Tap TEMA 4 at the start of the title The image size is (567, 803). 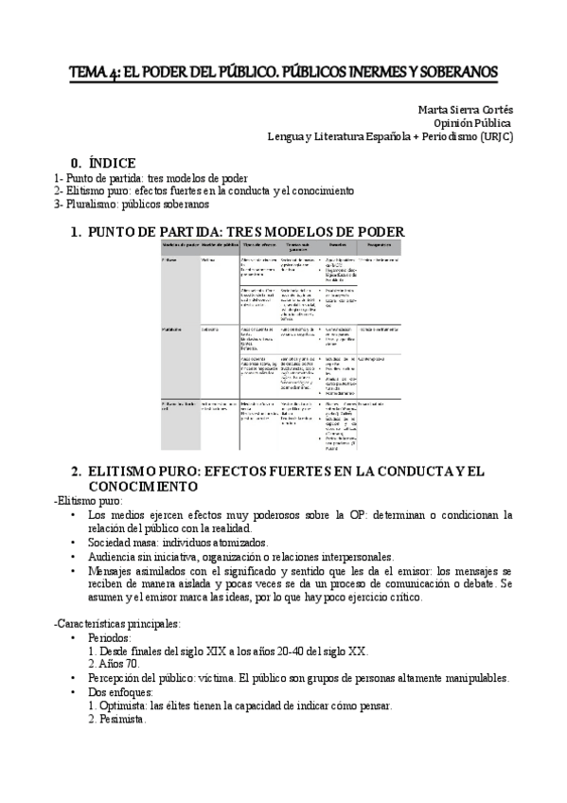[x=94, y=73]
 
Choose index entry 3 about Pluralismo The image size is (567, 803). [x=132, y=204]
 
